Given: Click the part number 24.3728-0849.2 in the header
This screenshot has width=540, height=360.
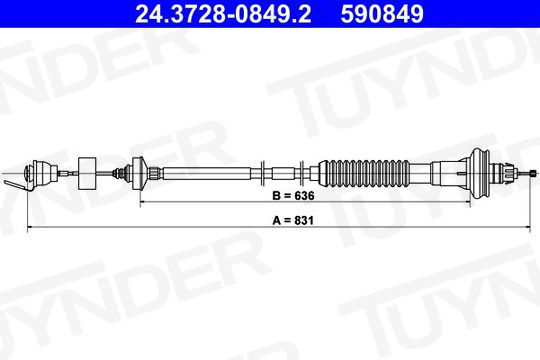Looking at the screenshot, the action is (223, 14).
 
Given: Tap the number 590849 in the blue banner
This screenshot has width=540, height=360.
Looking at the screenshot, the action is (382, 14).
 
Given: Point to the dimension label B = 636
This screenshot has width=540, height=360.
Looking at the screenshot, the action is (293, 196).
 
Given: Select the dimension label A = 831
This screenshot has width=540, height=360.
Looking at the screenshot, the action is (293, 220).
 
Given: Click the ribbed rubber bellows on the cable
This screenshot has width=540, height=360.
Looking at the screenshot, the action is (364, 173).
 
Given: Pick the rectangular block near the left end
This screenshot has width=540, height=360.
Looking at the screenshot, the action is (87, 173).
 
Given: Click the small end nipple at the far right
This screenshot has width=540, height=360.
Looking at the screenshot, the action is (533, 173).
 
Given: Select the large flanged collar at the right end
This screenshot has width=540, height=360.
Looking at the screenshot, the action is (480, 173).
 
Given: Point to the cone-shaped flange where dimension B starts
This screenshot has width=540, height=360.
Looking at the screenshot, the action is (141, 173).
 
